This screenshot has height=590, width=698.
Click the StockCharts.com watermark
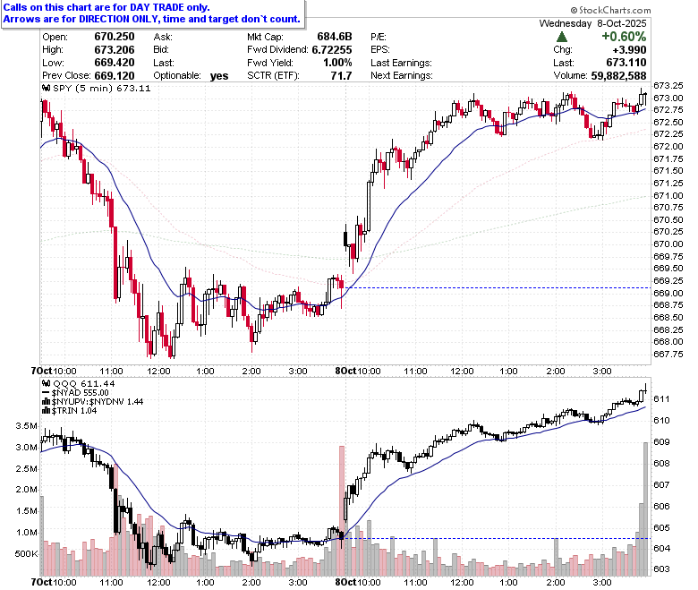click(610, 10)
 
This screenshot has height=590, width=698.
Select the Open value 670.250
click(115, 37)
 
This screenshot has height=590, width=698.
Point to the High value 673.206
click(115, 50)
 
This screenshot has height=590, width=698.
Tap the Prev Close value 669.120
click(115, 76)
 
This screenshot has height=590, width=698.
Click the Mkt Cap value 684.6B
click(335, 37)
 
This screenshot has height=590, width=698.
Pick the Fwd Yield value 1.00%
click(337, 63)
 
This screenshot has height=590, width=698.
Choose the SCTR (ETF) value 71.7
click(342, 76)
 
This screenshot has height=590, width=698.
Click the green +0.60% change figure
click(624, 37)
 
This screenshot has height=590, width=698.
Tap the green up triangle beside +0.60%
click(562, 37)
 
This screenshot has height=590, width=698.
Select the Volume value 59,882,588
click(618, 76)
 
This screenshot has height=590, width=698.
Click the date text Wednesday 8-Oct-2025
click(592, 23)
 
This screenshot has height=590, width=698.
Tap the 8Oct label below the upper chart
click(346, 371)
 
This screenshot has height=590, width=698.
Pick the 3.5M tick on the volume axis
click(26, 425)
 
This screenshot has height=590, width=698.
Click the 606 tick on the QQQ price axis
click(661, 506)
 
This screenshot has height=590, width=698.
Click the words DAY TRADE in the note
click(156, 7)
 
